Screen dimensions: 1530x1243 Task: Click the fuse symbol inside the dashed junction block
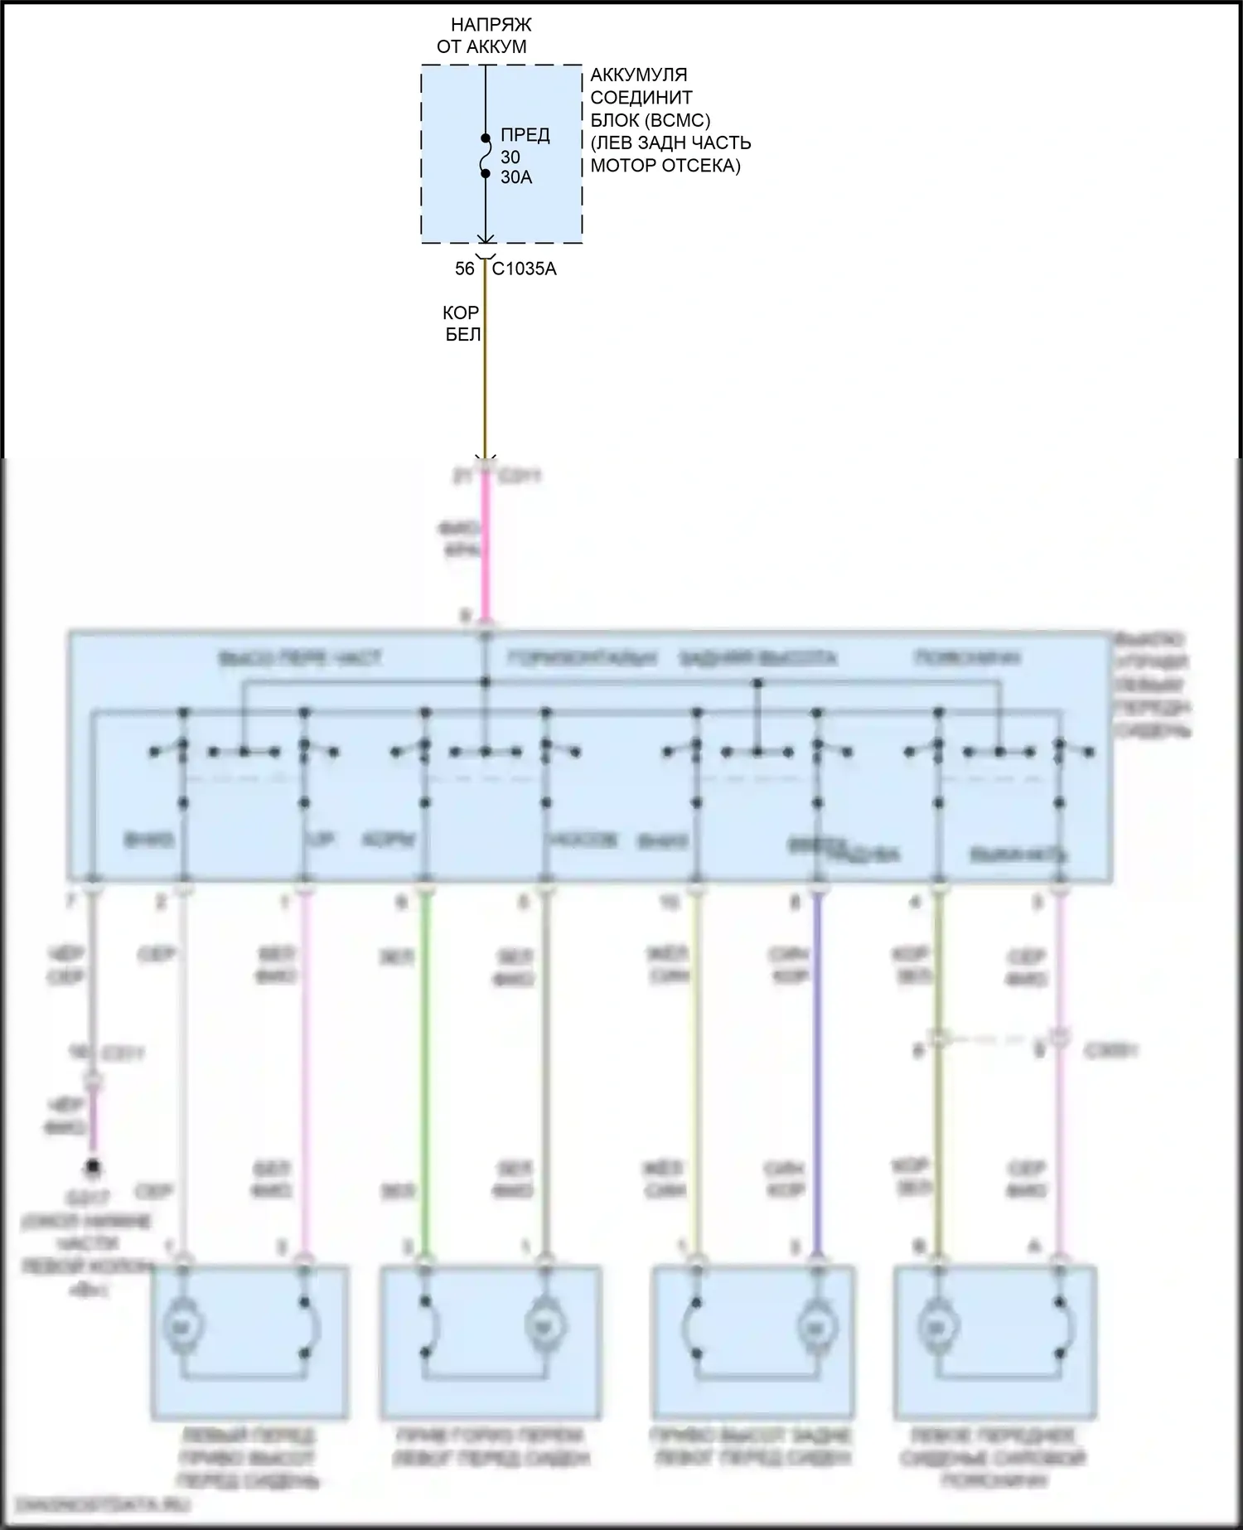486,156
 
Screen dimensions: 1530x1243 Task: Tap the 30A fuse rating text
516,177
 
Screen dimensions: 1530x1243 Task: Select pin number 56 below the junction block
464,269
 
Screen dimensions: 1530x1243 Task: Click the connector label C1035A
525,269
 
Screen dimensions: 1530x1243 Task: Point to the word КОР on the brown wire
461,312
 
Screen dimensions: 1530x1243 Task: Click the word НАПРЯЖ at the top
491,25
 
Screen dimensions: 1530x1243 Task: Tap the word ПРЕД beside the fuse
525,134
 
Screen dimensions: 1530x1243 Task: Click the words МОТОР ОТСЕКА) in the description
665,166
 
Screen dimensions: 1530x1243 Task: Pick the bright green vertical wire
426,1077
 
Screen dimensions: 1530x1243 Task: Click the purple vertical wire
818,1077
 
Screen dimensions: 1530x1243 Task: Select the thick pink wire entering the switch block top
486,547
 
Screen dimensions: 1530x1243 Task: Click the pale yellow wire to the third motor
696,1077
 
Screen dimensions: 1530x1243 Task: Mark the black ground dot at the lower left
94,1167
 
